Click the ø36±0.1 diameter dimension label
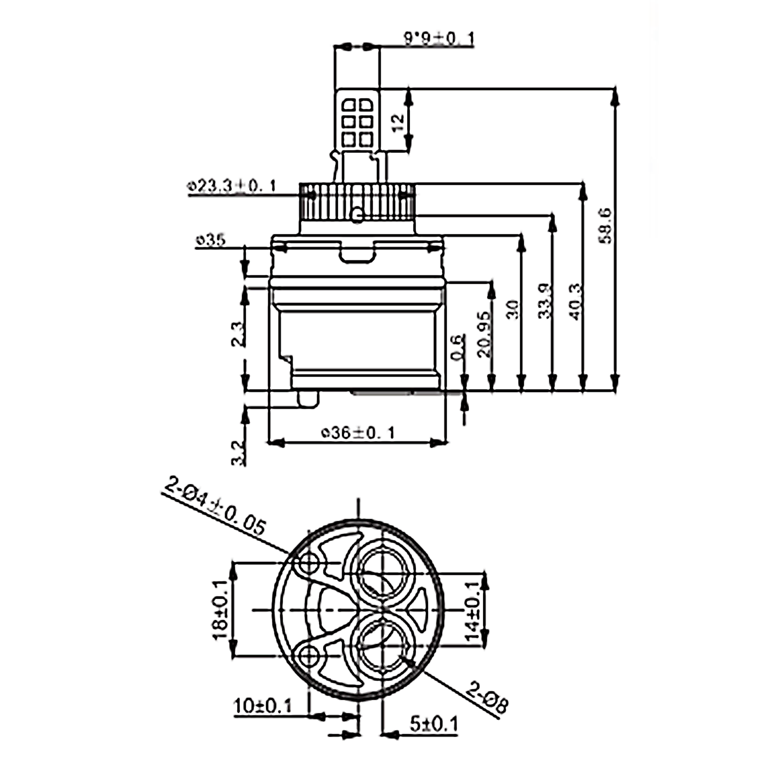(358, 432)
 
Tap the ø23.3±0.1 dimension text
(232, 186)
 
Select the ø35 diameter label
(211, 241)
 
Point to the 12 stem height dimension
(398, 122)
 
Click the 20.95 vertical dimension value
(483, 334)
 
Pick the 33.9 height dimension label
(544, 301)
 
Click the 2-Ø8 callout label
(487, 698)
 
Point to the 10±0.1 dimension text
(263, 707)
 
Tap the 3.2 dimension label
(238, 453)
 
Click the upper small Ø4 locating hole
(308, 563)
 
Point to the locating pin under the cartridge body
(308, 398)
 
